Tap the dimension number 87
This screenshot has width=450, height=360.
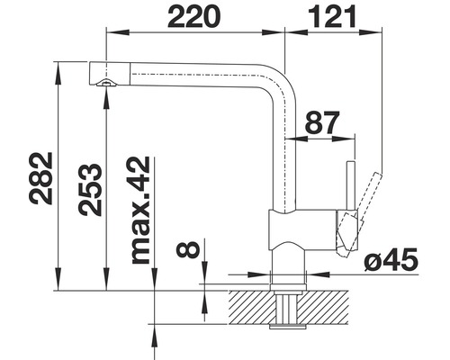pos(323,124)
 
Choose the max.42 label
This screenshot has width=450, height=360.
pos(140,209)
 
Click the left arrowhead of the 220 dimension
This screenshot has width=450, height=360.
pos(112,31)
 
